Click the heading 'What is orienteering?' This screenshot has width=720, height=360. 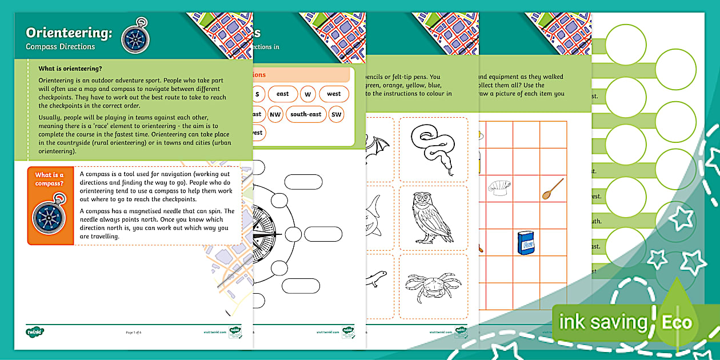click(70, 68)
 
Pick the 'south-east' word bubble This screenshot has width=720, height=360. click(306, 114)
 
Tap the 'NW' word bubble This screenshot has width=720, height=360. click(275, 114)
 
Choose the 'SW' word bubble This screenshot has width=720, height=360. click(337, 114)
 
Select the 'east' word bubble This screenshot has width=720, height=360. click(282, 94)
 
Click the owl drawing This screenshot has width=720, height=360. click(432, 217)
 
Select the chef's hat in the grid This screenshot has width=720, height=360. click(498, 187)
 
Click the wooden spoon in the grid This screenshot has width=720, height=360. click(553, 189)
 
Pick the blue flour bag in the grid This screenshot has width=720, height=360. click(525, 242)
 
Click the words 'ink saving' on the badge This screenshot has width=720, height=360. click(603, 322)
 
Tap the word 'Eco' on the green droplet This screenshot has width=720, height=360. click(677, 322)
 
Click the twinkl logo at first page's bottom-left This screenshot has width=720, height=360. click(35, 331)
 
